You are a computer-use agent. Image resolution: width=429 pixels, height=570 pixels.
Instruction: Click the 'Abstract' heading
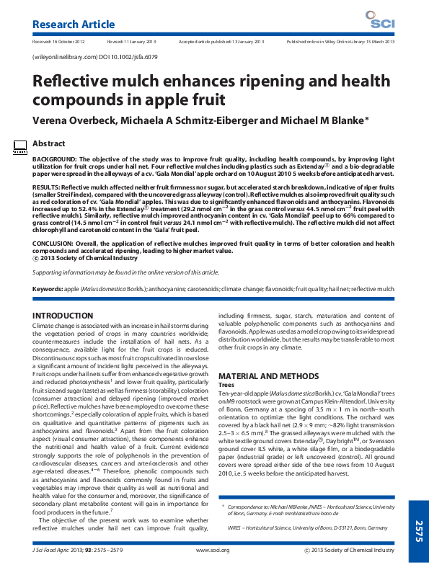coord(49,144)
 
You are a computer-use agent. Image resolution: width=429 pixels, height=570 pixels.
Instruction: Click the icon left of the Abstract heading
coord(20,146)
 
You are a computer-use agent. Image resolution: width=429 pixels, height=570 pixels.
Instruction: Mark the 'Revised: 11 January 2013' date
coord(131,43)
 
